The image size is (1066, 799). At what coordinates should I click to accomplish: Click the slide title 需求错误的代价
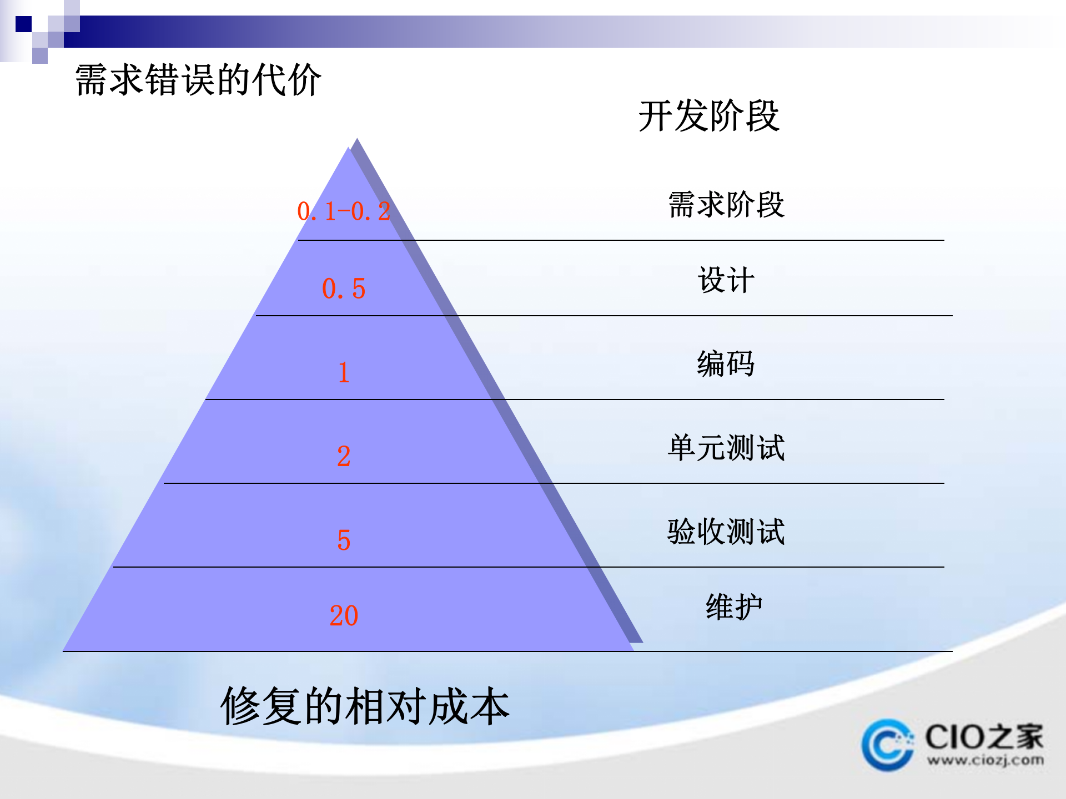198,80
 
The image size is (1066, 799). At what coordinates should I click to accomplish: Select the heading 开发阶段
709,116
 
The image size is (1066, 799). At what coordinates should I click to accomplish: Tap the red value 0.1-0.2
344,211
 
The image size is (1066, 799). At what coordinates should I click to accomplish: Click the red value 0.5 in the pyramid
344,289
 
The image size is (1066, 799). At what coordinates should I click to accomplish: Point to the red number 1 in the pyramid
344,372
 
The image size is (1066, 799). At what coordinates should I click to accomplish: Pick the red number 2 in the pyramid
344,456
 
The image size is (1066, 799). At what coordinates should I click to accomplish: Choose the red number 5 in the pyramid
344,540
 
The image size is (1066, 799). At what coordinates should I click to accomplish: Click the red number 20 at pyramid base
344,615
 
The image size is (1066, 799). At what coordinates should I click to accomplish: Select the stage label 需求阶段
726,205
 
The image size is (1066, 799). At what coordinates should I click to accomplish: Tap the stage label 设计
726,280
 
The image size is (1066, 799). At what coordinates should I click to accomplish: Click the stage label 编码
726,364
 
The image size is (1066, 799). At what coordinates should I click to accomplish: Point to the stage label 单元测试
726,448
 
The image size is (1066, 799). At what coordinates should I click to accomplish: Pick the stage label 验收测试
726,532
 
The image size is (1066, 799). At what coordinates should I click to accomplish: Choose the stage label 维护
733,607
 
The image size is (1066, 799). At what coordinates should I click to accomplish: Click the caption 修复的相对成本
365,706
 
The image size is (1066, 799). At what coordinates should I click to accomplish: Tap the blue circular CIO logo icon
887,745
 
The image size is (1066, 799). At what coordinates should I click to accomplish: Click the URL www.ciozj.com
985,760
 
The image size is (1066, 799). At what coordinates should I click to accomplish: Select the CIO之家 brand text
984,737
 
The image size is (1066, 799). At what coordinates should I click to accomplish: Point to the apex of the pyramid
350,149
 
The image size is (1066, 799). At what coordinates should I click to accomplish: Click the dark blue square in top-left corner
23,24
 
